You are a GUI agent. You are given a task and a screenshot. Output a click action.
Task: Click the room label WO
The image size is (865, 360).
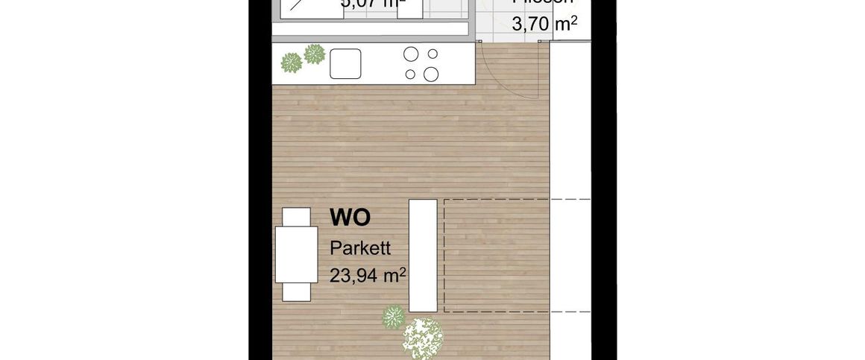[350, 218]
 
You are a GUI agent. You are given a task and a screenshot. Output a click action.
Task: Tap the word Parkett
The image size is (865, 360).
[360, 248]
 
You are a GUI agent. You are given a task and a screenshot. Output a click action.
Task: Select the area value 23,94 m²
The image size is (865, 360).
[368, 275]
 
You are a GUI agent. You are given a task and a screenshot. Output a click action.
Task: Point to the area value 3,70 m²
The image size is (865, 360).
[544, 25]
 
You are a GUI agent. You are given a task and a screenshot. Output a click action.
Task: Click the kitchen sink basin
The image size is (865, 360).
[345, 63]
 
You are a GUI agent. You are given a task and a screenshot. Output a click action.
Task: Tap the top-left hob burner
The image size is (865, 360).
[410, 54]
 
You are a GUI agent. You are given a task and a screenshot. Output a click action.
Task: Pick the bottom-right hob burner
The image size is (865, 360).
[431, 73]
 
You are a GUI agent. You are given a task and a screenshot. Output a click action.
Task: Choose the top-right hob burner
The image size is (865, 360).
[431, 54]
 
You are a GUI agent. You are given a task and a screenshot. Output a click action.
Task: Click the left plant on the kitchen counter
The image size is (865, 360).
[291, 63]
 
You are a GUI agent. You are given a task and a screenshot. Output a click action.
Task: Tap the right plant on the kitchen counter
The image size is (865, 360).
[315, 54]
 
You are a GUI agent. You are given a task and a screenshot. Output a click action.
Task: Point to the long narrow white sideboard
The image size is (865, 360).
[423, 255]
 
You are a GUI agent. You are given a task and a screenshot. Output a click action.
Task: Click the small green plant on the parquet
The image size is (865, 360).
[393, 318]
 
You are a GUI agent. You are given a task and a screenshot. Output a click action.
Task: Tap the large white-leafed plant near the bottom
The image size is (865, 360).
[423, 337]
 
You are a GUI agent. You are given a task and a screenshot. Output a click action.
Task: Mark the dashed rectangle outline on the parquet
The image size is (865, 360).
[518, 200]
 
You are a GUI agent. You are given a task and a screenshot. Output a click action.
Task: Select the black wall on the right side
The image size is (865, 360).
[604, 186]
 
